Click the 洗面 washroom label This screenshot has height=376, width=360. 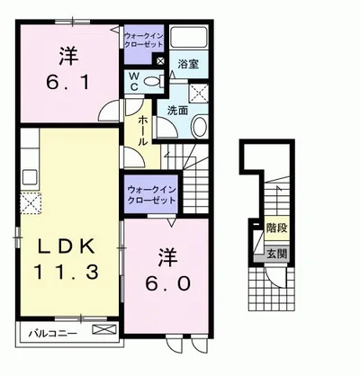click(176, 111)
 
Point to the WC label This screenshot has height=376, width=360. click(133, 81)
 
